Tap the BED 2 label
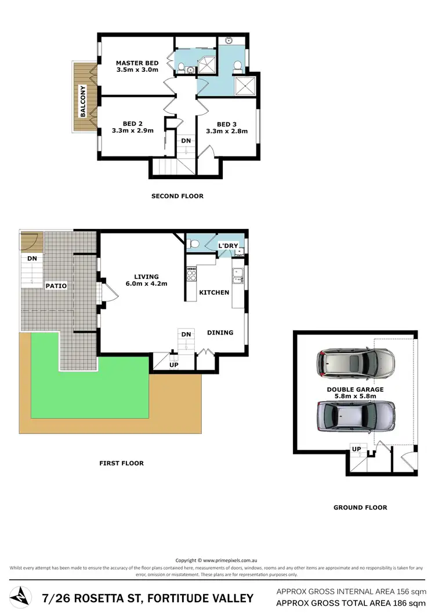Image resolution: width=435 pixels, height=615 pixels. (x=133, y=123)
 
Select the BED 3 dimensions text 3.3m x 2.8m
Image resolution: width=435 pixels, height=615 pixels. (x=227, y=131)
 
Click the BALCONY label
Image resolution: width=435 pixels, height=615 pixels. (x=83, y=101)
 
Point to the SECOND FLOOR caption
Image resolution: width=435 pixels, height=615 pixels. (x=177, y=196)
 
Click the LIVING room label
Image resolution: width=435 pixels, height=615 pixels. (x=146, y=276)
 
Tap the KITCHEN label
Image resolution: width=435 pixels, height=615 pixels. (x=214, y=292)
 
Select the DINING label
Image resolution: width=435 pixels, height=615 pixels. (x=220, y=333)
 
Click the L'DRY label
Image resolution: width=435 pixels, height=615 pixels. (x=228, y=246)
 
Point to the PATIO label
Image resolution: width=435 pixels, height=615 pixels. (x=57, y=286)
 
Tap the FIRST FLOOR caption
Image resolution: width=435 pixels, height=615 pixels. (x=121, y=463)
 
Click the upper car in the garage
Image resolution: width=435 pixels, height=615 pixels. (x=356, y=364)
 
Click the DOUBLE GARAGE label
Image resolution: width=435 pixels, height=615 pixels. (x=355, y=390)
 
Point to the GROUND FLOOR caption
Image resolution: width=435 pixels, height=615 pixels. (x=360, y=507)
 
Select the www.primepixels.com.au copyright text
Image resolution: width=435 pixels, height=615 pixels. (x=227, y=561)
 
